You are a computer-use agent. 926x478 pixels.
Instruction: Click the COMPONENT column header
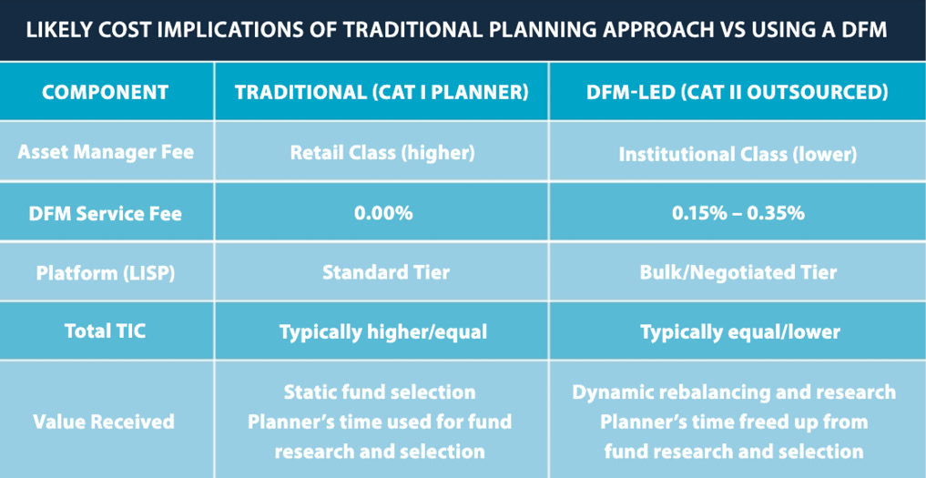(x=105, y=93)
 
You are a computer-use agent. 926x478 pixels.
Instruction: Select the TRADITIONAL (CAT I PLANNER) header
(x=382, y=93)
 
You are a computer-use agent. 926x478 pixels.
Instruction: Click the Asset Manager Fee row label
(x=106, y=152)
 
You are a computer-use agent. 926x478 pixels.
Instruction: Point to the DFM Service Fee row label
(x=106, y=213)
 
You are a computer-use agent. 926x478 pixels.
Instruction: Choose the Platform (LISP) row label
(x=106, y=273)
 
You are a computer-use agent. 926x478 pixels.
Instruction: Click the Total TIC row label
(x=106, y=331)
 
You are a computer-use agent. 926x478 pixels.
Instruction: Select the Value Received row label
(x=104, y=422)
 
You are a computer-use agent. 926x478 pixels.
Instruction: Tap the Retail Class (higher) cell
(x=382, y=153)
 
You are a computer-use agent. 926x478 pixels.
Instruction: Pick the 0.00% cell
(x=382, y=213)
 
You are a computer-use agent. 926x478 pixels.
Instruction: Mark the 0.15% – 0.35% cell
(x=738, y=213)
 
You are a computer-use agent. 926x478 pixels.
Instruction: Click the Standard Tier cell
(x=386, y=272)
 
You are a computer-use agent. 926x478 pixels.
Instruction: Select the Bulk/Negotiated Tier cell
(x=738, y=272)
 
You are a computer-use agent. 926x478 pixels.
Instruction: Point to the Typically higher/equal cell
(x=383, y=332)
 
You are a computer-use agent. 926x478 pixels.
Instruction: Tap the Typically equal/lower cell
(x=740, y=332)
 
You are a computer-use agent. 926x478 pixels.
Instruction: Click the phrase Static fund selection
(x=380, y=392)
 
